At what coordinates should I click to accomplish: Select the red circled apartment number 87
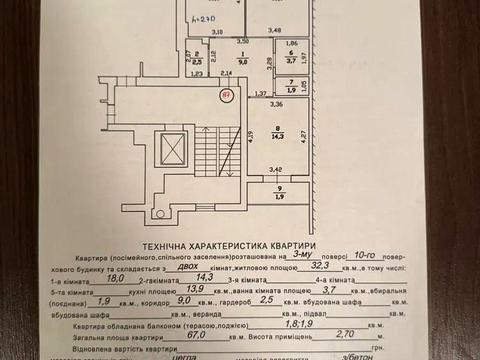tap(228, 96)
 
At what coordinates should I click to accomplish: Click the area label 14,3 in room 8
tap(278, 135)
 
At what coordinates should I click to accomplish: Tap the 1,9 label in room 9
tap(279, 195)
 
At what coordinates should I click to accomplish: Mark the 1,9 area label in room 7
tap(290, 90)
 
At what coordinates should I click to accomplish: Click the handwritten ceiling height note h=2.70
tap(206, 18)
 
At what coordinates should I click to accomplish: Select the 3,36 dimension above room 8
tap(276, 105)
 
